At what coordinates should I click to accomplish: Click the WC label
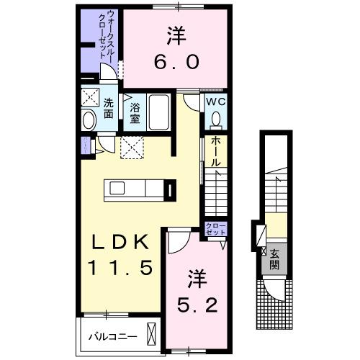pyautogui.click(x=217, y=102)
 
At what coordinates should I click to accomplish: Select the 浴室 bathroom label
pyautogui.click(x=134, y=112)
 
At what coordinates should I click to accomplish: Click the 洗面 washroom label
pyautogui.click(x=108, y=107)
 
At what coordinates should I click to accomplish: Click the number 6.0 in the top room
pyautogui.click(x=175, y=63)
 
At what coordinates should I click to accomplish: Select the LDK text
pyautogui.click(x=119, y=241)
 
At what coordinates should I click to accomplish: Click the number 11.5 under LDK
pyautogui.click(x=120, y=269)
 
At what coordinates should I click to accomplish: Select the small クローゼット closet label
pyautogui.click(x=216, y=230)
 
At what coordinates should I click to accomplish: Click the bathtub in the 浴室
pyautogui.click(x=159, y=112)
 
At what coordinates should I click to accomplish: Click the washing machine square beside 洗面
pyautogui.click(x=91, y=96)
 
